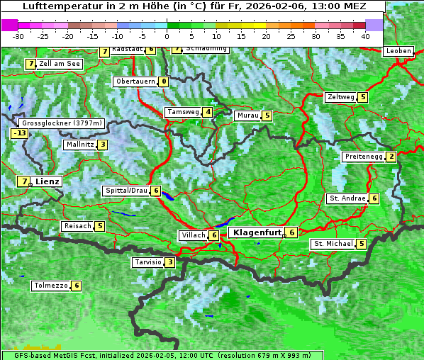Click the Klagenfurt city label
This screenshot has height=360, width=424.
(255, 232)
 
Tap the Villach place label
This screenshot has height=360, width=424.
(193, 235)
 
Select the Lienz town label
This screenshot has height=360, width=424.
(48, 181)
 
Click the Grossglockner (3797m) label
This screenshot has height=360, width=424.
(62, 123)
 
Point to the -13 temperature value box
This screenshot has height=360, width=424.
(19, 133)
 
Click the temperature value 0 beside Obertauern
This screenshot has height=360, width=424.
(164, 81)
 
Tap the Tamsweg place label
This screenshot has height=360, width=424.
(183, 112)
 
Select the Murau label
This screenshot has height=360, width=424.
(247, 116)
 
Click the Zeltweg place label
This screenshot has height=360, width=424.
(340, 97)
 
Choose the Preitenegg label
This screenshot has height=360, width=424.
(364, 157)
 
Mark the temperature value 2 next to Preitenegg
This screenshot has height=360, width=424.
(391, 157)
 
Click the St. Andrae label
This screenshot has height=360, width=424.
(347, 198)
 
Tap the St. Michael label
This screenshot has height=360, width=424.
(333, 244)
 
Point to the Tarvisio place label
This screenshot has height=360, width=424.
(147, 262)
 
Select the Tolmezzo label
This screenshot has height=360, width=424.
(50, 286)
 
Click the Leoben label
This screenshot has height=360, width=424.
(397, 51)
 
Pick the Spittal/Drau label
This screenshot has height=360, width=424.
(126, 191)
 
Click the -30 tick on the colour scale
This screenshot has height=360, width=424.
(18, 35)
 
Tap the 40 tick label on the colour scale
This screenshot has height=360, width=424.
(365, 35)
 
